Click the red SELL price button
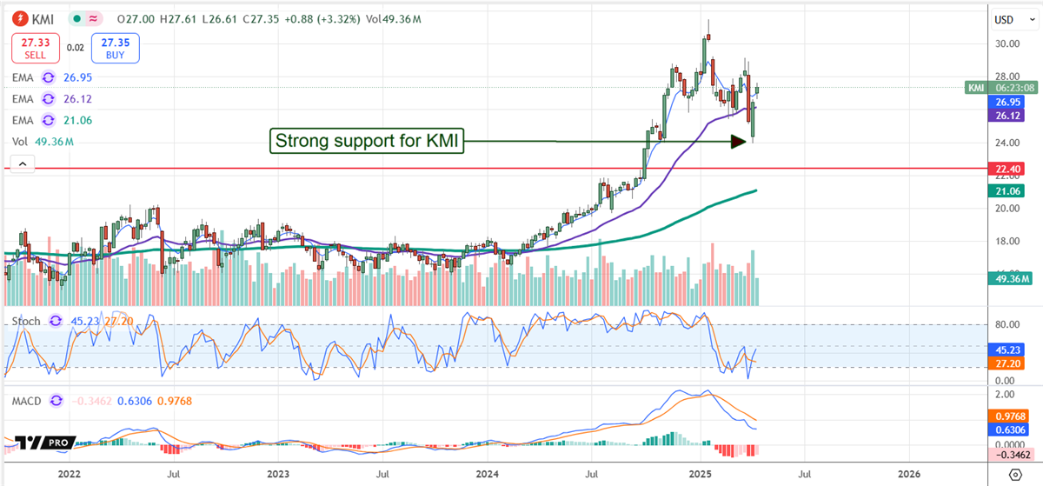pyautogui.click(x=35, y=48)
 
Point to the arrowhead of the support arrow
pyautogui.click(x=740, y=141)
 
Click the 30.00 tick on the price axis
pyautogui.click(x=1007, y=43)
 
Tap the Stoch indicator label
pyautogui.click(x=25, y=322)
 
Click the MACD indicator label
pyautogui.click(x=27, y=401)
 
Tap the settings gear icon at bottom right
pyautogui.click(x=1015, y=475)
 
